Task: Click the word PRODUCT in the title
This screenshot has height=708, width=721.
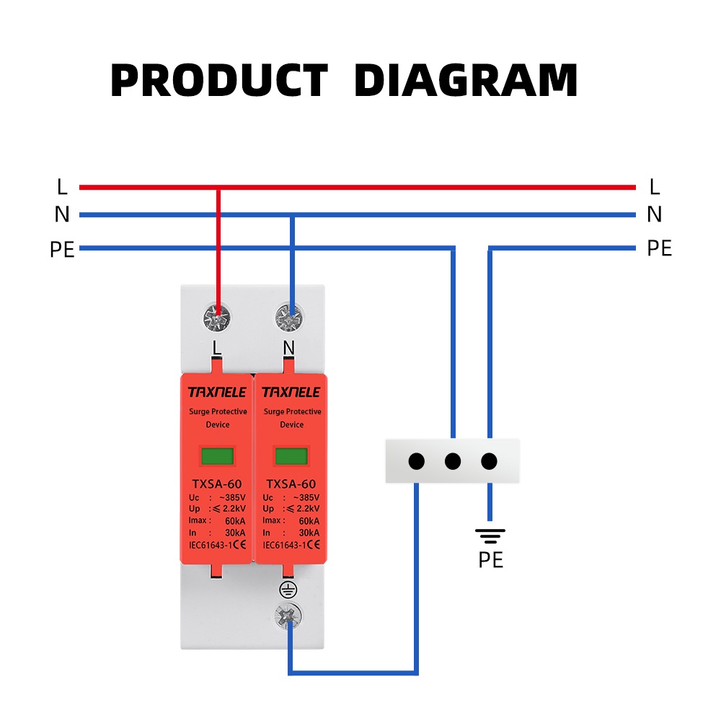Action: pos(219,81)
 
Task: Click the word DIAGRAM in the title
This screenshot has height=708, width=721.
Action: pos(466,81)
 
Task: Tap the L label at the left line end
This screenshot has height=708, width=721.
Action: pos(62,188)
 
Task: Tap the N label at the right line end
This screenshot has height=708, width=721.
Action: pos(654,214)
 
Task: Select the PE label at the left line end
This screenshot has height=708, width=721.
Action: pos(62,250)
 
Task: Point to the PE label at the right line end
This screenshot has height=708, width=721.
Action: pos(659,249)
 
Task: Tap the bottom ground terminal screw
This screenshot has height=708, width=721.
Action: pos(288,616)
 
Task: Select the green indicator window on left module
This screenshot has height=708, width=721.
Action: pos(217,456)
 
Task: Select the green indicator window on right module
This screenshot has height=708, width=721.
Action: pos(291,456)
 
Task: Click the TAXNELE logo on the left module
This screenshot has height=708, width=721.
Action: pos(217,393)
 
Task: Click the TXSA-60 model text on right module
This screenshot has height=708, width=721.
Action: pos(291,484)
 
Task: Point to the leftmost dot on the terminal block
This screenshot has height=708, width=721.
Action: pos(416,461)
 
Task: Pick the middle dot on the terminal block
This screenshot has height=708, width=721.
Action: pos(453,461)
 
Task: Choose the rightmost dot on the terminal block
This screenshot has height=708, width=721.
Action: pos(490,461)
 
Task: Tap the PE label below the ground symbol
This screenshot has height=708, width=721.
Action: pos(490,560)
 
